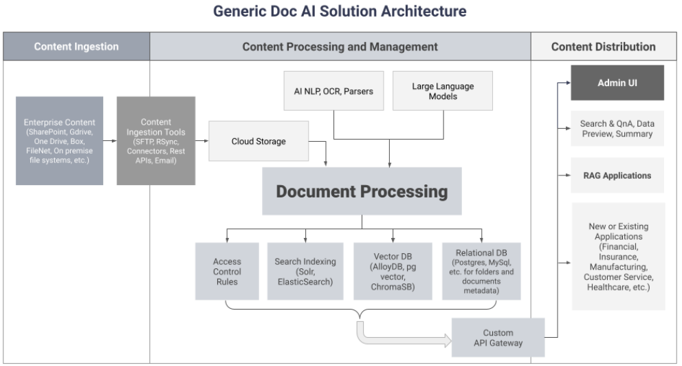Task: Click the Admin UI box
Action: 617,83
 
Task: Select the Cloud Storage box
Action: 258,141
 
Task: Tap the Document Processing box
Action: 362,191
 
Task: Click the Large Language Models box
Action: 443,91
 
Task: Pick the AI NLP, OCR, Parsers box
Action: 333,91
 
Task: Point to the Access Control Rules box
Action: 227,271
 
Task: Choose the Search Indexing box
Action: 305,271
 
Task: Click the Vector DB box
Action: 393,271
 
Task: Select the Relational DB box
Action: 481,271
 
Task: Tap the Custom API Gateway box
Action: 498,338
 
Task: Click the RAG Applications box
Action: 617,175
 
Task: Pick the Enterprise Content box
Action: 60,141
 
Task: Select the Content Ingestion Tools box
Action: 155,141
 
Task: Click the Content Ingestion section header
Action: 76,46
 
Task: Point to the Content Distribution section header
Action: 604,46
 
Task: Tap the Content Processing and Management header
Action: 340,46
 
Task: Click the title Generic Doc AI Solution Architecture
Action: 340,11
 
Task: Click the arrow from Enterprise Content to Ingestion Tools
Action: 110,140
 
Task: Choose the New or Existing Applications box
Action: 618,257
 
